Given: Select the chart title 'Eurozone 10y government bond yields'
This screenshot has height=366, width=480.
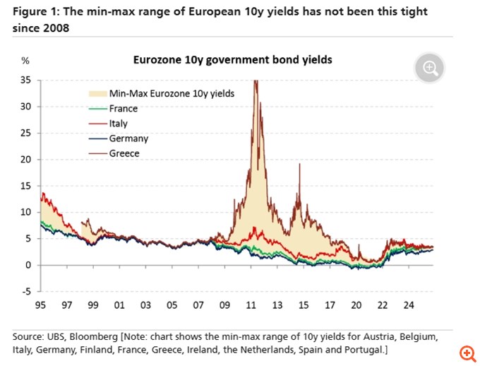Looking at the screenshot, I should click(233, 60).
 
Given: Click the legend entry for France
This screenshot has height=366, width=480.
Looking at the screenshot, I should click(124, 109).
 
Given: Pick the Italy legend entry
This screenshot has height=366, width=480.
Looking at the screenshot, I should click(119, 124).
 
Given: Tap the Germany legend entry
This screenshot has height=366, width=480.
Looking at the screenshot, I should click(128, 138).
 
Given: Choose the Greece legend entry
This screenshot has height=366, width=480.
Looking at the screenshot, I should click(124, 153).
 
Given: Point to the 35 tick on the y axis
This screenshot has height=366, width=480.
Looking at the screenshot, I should click(26, 81).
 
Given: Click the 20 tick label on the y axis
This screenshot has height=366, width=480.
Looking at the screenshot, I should click(26, 160).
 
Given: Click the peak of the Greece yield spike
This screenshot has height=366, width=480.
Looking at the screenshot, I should click(255, 81).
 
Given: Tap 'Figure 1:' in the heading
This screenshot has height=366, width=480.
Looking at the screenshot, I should click(35, 12).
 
